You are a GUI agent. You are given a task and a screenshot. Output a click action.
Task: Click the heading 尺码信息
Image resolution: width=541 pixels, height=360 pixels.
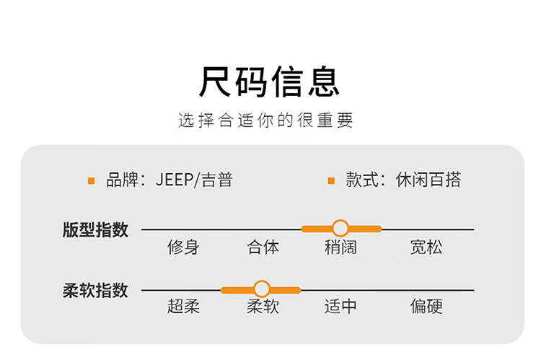pyautogui.click(x=269, y=82)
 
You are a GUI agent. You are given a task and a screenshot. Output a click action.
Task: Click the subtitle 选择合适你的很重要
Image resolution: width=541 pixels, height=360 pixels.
pyautogui.click(x=266, y=120)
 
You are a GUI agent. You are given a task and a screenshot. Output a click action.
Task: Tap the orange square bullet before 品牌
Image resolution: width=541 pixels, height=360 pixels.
pyautogui.click(x=91, y=180)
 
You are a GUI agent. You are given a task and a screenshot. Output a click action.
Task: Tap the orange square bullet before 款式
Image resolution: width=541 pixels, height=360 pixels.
pyautogui.click(x=331, y=180)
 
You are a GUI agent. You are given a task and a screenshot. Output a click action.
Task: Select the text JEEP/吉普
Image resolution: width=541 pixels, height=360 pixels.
pyautogui.click(x=194, y=180)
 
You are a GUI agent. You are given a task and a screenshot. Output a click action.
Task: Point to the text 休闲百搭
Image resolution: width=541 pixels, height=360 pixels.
pyautogui.click(x=428, y=180)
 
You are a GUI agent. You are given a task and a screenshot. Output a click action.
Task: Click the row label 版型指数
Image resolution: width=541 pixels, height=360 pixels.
pyautogui.click(x=95, y=229)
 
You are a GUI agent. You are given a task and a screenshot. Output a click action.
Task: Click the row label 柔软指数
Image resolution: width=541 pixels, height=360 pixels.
pyautogui.click(x=95, y=290)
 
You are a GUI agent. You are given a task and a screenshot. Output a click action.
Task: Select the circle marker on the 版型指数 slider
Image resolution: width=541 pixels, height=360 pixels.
pyautogui.click(x=340, y=229)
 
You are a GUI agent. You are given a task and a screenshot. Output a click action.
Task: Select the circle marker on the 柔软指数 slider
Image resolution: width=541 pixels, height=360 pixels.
pyautogui.click(x=261, y=289)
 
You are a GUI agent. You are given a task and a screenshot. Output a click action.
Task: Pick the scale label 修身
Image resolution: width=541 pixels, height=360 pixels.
pyautogui.click(x=183, y=247)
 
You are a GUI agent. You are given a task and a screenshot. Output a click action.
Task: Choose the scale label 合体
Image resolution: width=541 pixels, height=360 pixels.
pyautogui.click(x=263, y=247)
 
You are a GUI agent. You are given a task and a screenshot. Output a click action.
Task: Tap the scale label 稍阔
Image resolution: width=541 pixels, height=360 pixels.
pyautogui.click(x=340, y=247)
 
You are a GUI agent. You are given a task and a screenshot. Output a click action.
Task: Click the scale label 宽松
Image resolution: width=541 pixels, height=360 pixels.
pyautogui.click(x=426, y=247)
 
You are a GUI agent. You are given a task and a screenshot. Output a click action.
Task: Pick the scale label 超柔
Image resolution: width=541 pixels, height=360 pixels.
pyautogui.click(x=183, y=307)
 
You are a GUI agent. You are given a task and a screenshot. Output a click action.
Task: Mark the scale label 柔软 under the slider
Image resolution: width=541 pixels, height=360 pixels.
pyautogui.click(x=263, y=307)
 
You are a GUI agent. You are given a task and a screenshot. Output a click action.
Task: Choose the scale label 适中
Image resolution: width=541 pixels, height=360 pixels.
pyautogui.click(x=340, y=307)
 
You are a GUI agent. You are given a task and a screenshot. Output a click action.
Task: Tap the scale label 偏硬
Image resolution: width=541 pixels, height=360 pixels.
pyautogui.click(x=426, y=307)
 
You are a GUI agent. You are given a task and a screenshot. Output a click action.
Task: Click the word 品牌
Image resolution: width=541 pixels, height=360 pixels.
pyautogui.click(x=121, y=180)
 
